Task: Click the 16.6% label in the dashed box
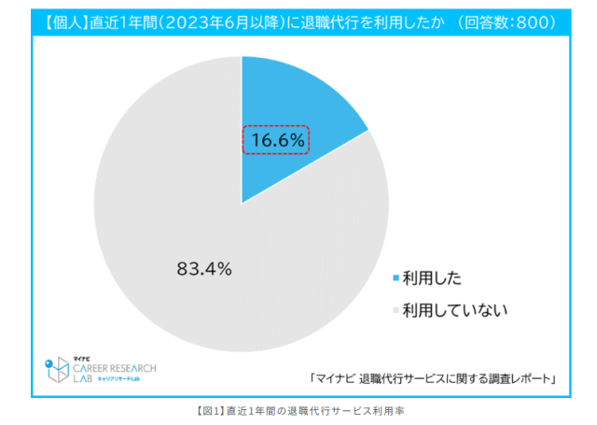pos(275,139)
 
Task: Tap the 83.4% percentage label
pos(204,268)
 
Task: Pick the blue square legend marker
pos(396,277)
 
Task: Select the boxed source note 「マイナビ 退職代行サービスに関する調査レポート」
pos(435,378)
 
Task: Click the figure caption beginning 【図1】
pos(299,409)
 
